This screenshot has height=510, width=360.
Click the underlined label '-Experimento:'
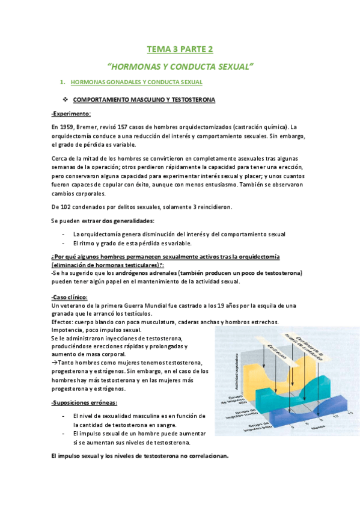[71, 113]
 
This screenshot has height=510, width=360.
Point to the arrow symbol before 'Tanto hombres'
[55, 363]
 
